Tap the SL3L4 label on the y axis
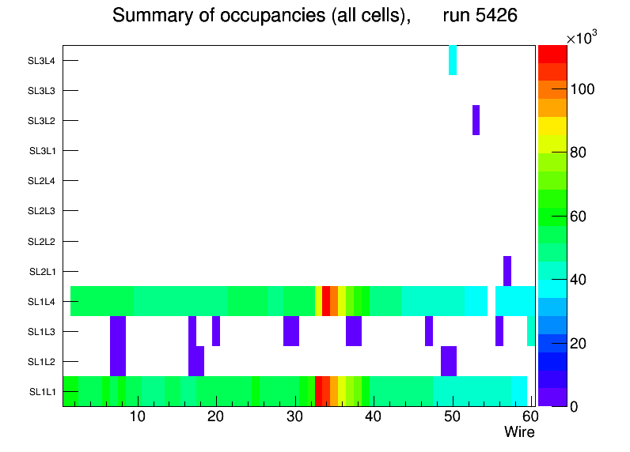pos(42,61)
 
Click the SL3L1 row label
pos(42,151)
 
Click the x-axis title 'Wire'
pos(519,432)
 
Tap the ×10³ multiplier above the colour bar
pos(585,39)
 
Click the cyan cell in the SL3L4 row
pos(453,60)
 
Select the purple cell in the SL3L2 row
pos(476,120)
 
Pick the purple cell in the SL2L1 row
pos(507,271)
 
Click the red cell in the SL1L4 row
pos(326,301)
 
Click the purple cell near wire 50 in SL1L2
pos(449,361)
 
